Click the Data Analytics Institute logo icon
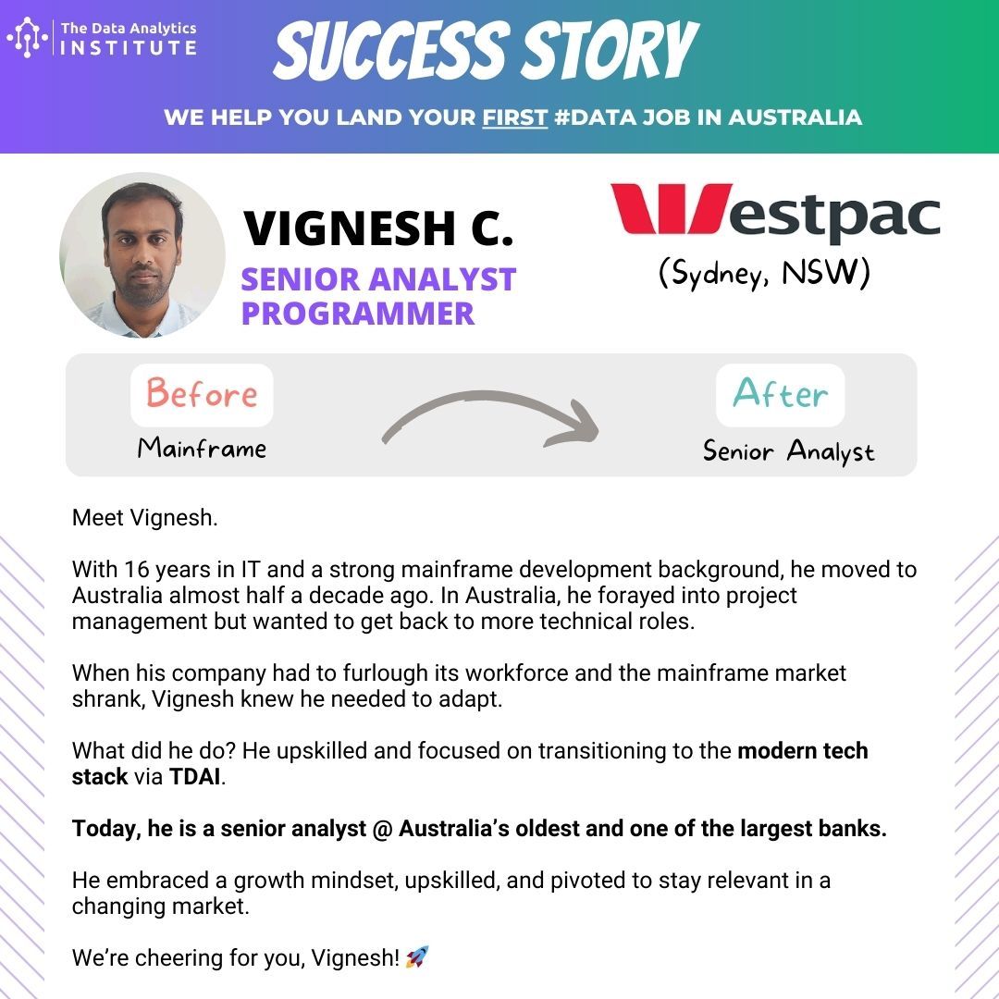tap(28, 38)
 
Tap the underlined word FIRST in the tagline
tap(515, 117)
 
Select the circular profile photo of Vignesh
tap(142, 255)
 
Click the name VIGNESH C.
tap(378, 228)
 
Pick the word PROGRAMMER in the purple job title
tap(358, 314)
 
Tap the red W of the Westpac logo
tap(671, 208)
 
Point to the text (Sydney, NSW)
tap(764, 273)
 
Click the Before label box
tap(202, 395)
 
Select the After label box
tap(781, 395)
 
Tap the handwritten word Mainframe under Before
tap(202, 448)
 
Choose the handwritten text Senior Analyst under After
tap(789, 451)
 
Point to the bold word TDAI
tap(195, 777)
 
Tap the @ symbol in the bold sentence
tap(382, 829)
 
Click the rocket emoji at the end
tap(417, 957)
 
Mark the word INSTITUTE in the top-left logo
tap(129, 48)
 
